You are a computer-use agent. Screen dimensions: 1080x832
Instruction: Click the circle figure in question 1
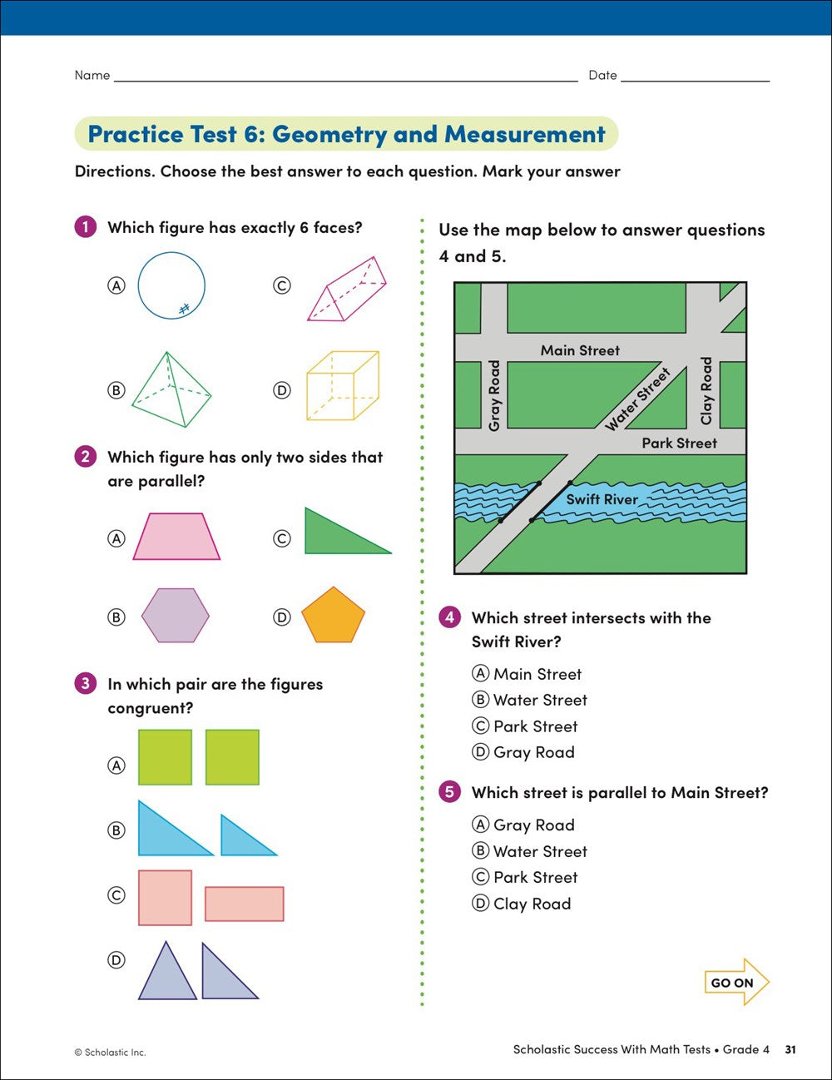pos(171,286)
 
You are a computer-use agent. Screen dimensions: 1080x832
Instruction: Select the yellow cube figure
pos(342,385)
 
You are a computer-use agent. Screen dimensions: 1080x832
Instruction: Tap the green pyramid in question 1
pos(171,389)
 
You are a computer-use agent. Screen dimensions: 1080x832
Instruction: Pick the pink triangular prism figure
pos(347,290)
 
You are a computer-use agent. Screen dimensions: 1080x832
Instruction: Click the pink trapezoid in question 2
pos(176,537)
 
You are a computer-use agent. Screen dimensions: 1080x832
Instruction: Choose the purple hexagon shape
pos(175,616)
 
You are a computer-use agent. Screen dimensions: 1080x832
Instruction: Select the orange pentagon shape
pos(333,617)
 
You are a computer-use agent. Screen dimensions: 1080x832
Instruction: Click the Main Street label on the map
pos(580,350)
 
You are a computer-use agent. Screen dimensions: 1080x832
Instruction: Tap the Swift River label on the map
pos(602,499)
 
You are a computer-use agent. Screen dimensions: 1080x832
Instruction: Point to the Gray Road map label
pos(494,395)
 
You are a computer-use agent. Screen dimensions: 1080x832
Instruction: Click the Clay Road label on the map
pos(706,390)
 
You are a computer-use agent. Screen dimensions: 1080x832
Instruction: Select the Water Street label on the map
pos(637,399)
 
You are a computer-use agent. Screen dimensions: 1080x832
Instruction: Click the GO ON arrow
pos(736,982)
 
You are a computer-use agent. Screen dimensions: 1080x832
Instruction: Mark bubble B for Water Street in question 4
pos(480,700)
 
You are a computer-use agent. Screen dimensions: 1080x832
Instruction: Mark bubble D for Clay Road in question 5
pos(480,903)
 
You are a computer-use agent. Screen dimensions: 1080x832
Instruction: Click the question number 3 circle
pos(85,684)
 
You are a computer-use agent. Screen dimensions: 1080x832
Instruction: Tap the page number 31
pos(790,1049)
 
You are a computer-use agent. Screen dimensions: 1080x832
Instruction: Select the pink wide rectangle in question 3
pos(245,904)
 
